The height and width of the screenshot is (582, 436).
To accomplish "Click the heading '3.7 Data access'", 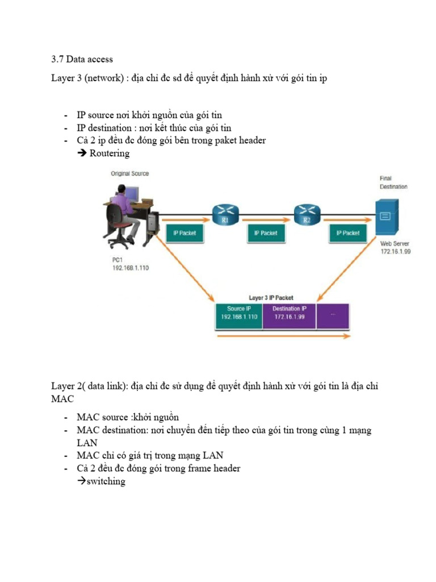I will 82,59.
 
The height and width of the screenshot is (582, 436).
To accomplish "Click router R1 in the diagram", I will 226,214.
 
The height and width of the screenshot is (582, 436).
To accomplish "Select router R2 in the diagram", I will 307,214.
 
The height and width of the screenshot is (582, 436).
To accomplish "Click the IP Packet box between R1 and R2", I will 266,233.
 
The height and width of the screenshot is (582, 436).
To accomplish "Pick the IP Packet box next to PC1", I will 184,233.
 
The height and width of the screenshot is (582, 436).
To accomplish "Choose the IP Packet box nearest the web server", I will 347,233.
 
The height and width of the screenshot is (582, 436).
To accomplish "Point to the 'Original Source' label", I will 130,173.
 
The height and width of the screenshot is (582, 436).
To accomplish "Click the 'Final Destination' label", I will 393,182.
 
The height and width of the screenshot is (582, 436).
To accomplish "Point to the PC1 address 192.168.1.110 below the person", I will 131,269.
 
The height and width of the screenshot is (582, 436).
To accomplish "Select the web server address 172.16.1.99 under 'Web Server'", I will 395,251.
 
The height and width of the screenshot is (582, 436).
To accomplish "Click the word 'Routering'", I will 109,153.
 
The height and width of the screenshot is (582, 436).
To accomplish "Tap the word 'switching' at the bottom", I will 105,481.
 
